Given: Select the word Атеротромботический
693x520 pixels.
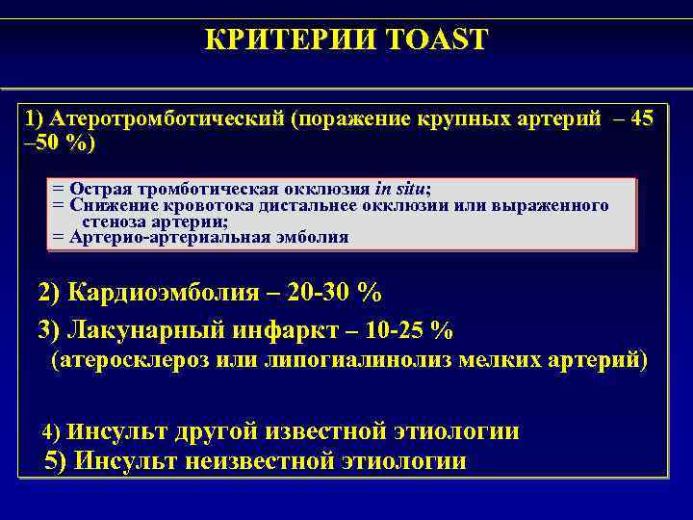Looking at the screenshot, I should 168,119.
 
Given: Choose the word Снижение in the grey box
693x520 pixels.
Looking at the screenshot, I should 107,205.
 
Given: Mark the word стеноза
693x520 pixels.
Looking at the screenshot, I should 115,221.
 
